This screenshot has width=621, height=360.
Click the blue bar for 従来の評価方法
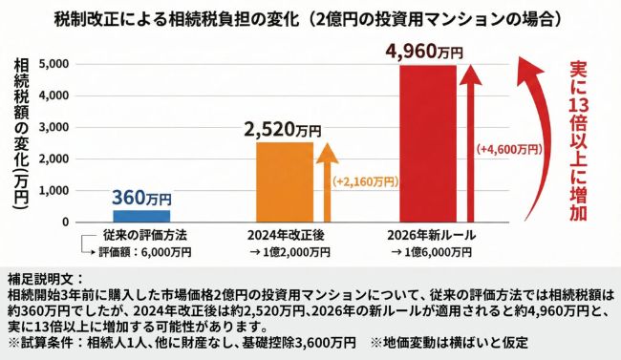pyautogui.click(x=142, y=215)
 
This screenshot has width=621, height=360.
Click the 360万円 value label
pyautogui.click(x=142, y=198)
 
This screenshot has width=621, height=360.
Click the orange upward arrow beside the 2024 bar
pyautogui.click(x=325, y=181)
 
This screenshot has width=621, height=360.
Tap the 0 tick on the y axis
pyautogui.click(x=64, y=222)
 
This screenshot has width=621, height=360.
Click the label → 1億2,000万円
pyautogui.click(x=290, y=252)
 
